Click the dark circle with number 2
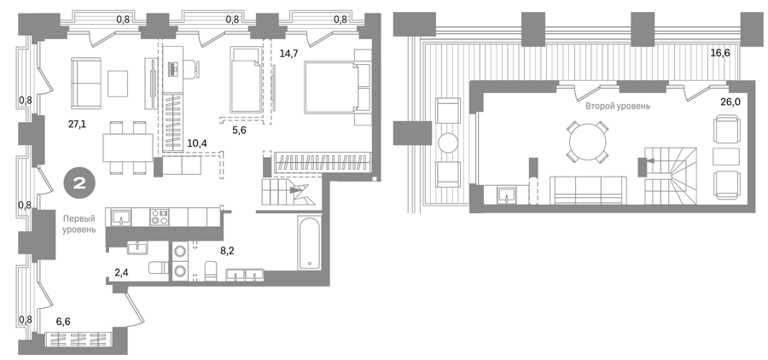(x=79, y=183)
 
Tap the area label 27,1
(x=77, y=124)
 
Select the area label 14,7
(x=289, y=54)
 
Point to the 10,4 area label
(x=197, y=143)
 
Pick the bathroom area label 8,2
(x=227, y=252)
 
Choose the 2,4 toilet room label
(x=121, y=272)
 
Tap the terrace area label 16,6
(x=720, y=53)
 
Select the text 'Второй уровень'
(x=618, y=106)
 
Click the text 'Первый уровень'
(x=79, y=224)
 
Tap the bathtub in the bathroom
(x=310, y=242)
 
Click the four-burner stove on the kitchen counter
(x=160, y=218)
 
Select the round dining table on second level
(x=588, y=142)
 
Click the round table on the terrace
(x=448, y=143)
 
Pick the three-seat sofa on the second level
(x=588, y=190)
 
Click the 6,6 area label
(x=63, y=322)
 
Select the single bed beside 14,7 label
(x=247, y=80)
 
